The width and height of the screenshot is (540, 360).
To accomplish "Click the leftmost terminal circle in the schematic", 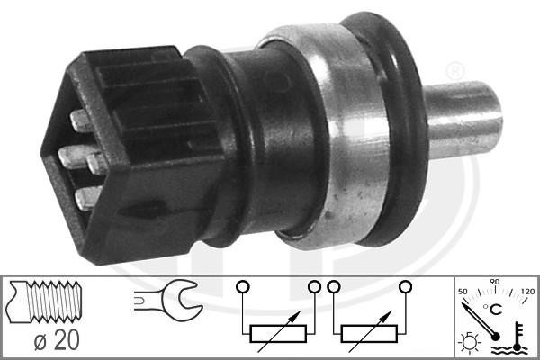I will [240, 288].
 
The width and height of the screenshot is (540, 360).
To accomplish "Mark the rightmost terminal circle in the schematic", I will [405, 288].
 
